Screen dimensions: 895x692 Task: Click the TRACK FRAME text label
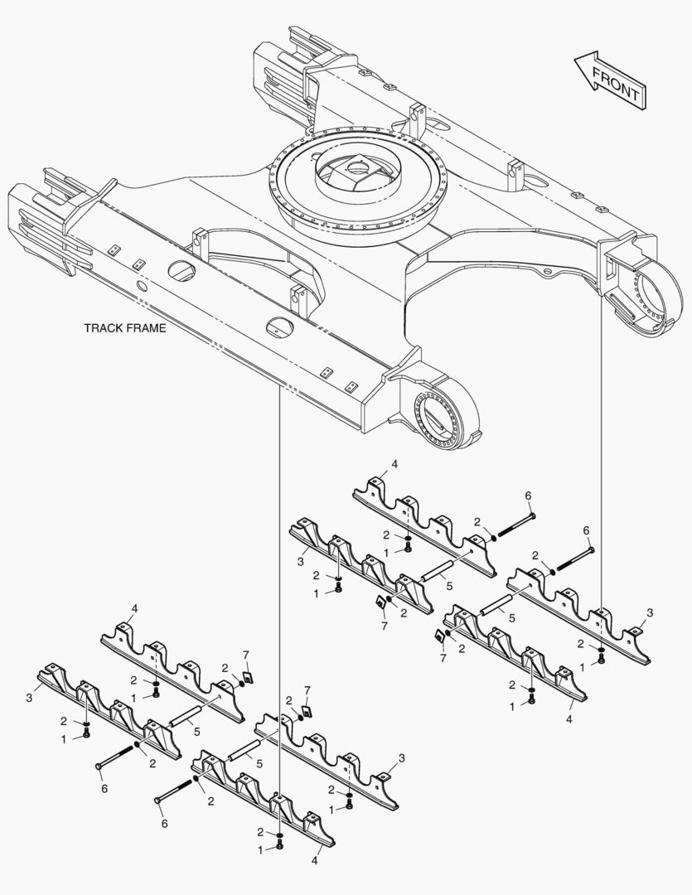125,328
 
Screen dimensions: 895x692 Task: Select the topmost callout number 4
394,466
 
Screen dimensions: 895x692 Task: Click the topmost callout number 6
528,496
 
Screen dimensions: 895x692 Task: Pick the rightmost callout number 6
586,530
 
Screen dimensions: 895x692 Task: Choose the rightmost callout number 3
650,612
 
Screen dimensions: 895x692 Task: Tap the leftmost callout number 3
29,699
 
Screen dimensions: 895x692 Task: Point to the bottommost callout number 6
163,824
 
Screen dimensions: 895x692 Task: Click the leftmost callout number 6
104,788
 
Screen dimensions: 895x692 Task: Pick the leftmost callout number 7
245,656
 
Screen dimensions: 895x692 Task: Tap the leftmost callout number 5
196,732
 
